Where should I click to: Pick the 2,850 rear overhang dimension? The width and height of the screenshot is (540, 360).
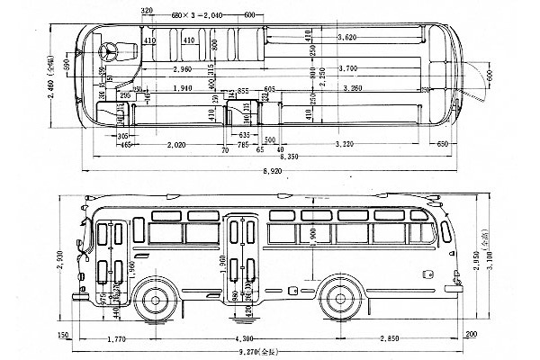388,337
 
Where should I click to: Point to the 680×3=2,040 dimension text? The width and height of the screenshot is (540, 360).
202,15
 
